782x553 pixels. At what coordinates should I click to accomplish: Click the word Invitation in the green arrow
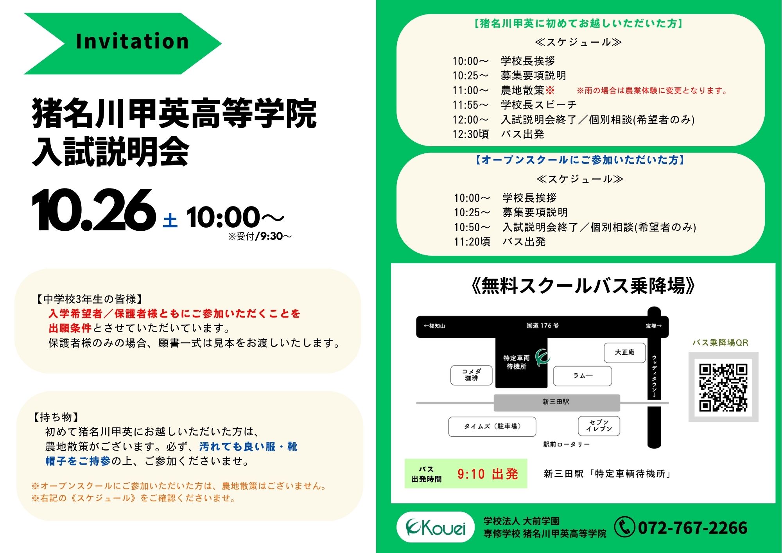tap(133, 41)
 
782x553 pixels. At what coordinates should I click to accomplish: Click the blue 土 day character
tap(170, 220)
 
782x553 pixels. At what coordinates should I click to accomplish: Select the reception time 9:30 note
tap(260, 236)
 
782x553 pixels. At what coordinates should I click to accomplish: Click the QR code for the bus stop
tap(723, 387)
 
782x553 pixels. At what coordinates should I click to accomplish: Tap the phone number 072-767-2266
tap(693, 528)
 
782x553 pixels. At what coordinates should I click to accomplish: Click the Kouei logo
tap(436, 527)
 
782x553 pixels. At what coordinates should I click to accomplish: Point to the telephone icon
tap(624, 527)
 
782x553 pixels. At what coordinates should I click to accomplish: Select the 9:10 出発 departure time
tap(488, 474)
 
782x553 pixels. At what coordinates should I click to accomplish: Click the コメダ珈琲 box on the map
tap(472, 375)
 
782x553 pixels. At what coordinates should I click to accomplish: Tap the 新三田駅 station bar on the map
tap(557, 402)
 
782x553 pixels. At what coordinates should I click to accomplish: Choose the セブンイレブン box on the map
tap(599, 426)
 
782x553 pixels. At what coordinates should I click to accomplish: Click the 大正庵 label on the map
tap(624, 352)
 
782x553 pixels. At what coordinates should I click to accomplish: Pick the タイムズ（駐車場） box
tap(492, 426)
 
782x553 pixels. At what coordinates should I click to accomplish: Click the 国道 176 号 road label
tap(542, 325)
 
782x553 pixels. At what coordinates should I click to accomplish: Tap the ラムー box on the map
tap(583, 376)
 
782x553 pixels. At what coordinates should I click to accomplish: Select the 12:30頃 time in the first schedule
tap(471, 134)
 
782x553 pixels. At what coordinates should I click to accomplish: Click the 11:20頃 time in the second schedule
tap(472, 242)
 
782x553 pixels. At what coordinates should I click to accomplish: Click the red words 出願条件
tap(70, 328)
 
